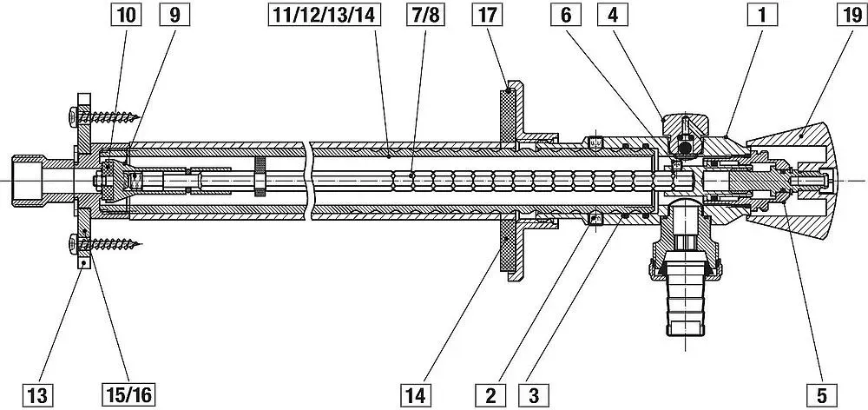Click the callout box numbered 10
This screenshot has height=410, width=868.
coord(126,15)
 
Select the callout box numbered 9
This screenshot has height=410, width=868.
coord(174,15)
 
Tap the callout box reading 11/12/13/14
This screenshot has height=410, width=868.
coord(325,15)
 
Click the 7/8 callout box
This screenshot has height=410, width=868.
coord(425,15)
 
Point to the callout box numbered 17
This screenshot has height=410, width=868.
coord(487,15)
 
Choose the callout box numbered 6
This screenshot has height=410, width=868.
coord(566,15)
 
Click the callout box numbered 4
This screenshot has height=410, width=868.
coord(612,15)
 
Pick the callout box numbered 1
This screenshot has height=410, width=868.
coord(762,15)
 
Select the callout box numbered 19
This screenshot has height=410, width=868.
coord(852,15)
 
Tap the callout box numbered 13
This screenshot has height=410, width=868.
coord(37,395)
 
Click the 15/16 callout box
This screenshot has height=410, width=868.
coord(128,395)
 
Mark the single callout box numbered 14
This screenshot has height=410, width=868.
coord(415,395)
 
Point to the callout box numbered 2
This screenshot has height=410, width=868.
coord(490,395)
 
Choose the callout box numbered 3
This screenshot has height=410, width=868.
coord(534,395)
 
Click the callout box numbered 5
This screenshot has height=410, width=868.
coord(821,395)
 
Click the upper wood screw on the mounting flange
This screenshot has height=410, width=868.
coord(104,117)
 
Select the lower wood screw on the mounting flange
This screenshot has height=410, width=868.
coord(104,242)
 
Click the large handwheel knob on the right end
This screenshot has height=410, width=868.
coord(792,181)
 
